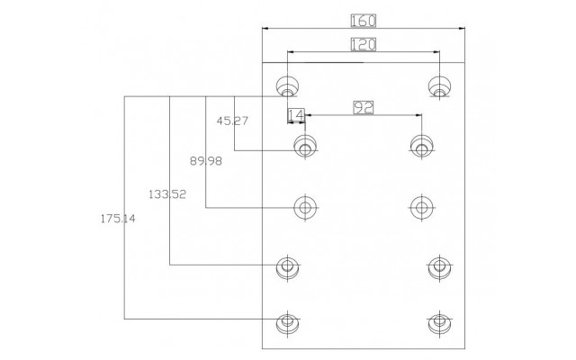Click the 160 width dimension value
pos(364,21)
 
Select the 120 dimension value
pos(364,44)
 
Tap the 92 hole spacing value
pos(364,108)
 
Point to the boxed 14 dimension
pos(296,115)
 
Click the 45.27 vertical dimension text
pos(232,121)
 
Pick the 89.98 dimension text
pos(206,161)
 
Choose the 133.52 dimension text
pos(167,194)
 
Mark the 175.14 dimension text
pos(118,219)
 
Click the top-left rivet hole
pos(288,87)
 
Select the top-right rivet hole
pos(439,87)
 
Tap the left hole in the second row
pos(305,146)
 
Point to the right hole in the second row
pos(421,146)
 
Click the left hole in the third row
pos(305,208)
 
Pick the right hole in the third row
pos(421,208)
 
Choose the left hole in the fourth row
pos(288,266)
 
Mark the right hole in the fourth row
pos(439,266)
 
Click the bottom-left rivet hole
pos(288,322)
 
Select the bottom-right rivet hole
pos(439,322)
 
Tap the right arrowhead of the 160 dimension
pos(462,28)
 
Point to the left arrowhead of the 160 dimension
pos(265,28)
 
